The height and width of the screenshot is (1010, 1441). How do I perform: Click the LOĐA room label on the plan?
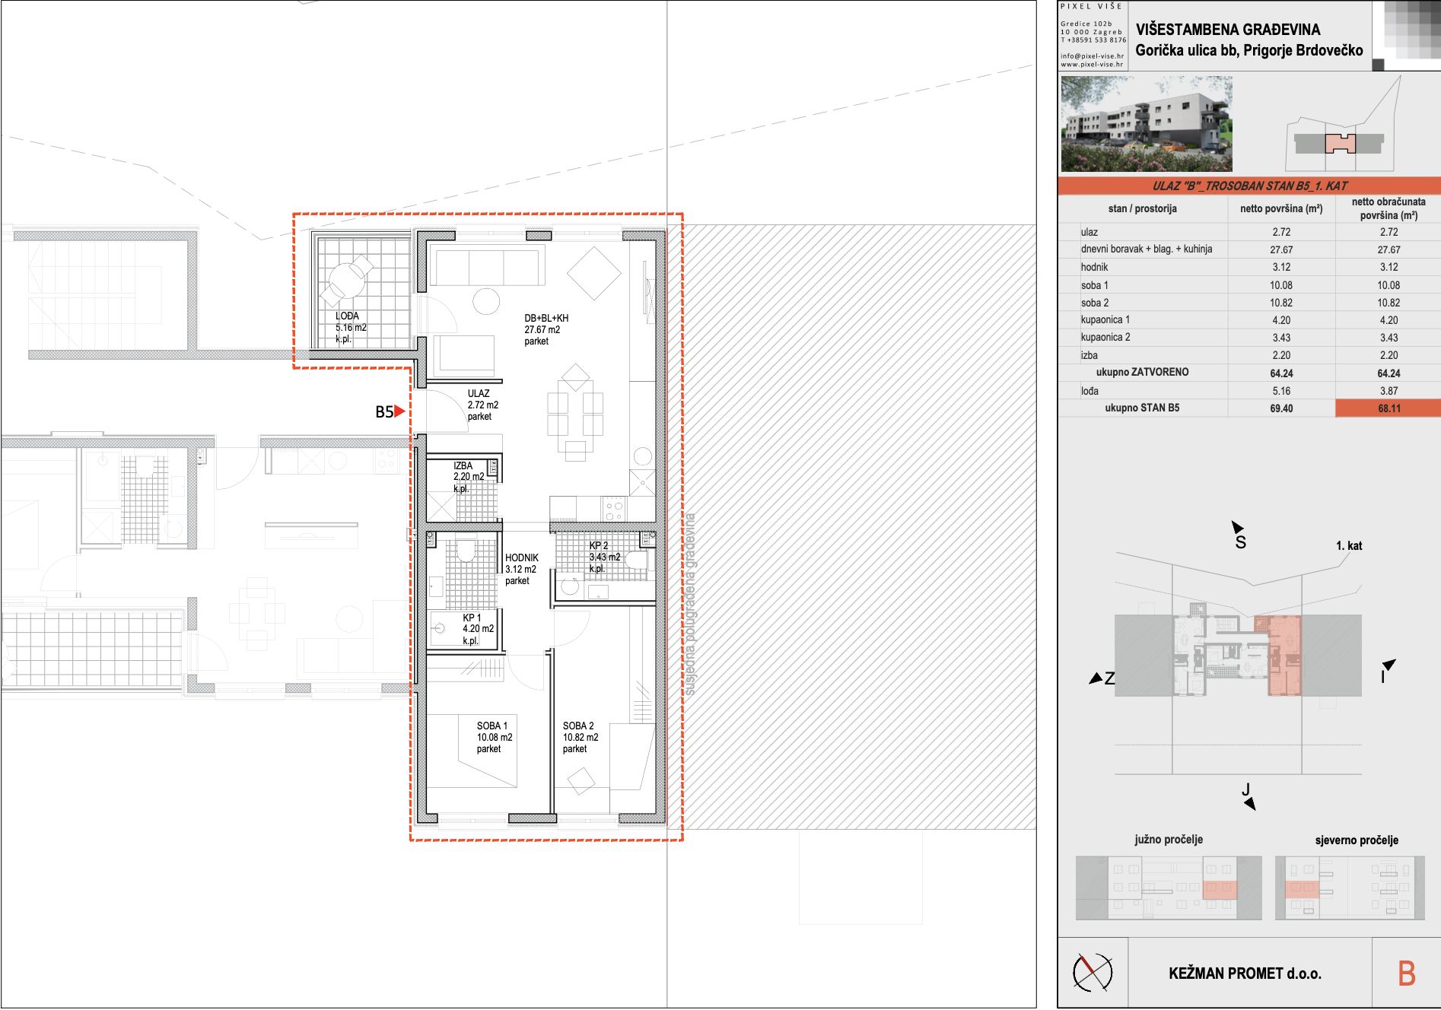tap(347, 316)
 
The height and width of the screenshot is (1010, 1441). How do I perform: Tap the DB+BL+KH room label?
tap(546, 318)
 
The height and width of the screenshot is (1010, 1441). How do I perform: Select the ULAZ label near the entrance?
tap(479, 393)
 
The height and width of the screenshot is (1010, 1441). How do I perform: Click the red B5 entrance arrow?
tap(399, 411)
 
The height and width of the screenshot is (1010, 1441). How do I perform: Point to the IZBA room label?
tap(463, 465)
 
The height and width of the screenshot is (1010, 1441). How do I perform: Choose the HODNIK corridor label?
tap(522, 557)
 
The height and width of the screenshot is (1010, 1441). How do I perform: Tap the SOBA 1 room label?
tap(492, 726)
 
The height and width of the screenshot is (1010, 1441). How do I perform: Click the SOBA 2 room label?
tap(578, 726)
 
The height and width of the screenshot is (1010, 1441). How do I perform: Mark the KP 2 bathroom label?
tap(599, 545)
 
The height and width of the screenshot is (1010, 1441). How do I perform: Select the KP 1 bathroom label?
tap(472, 618)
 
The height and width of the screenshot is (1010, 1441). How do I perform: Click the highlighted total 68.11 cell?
tap(1389, 408)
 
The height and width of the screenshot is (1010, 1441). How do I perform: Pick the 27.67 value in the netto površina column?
tap(1281, 249)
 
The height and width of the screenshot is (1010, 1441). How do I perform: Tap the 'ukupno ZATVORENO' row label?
tap(1142, 372)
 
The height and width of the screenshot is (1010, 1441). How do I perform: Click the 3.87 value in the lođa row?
tap(1389, 391)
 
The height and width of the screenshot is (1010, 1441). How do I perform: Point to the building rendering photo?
tap(1147, 123)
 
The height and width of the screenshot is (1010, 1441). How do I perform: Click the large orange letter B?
tap(1407, 973)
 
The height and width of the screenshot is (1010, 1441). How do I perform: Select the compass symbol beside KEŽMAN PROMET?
tap(1093, 972)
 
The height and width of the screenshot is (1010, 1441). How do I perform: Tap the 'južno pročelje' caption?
tap(1169, 840)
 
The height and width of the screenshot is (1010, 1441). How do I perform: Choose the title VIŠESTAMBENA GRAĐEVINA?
tap(1228, 30)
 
